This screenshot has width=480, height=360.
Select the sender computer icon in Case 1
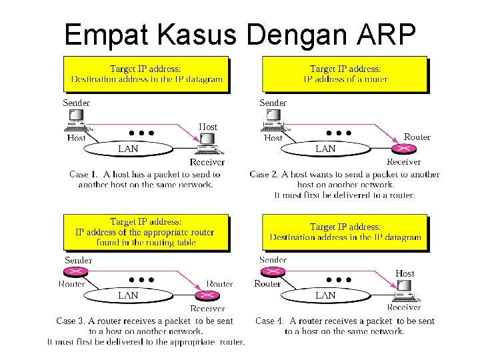[x=74, y=119]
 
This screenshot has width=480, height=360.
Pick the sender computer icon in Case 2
[x=273, y=119]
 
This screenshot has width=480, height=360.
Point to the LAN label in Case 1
[x=128, y=149]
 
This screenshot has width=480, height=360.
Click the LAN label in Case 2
[x=325, y=149]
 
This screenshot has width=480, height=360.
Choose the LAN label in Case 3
[x=128, y=295]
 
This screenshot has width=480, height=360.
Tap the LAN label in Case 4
[x=325, y=295]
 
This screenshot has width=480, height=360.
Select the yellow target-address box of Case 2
[x=345, y=73]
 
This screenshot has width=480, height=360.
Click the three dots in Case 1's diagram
[x=142, y=133]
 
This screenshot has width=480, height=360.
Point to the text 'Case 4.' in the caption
[x=270, y=321]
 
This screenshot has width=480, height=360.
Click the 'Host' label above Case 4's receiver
[x=405, y=273]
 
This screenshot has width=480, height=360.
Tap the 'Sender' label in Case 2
[x=273, y=103]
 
